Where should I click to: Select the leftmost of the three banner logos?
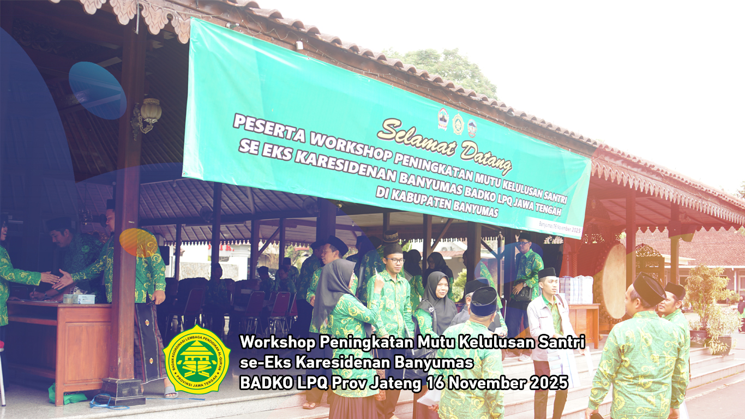pos(443,119)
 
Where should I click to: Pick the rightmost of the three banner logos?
pos(472,128)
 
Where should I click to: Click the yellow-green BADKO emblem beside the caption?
pos(197,360)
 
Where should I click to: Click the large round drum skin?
pos(614,281)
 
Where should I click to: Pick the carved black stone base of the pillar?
pos(122,391)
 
